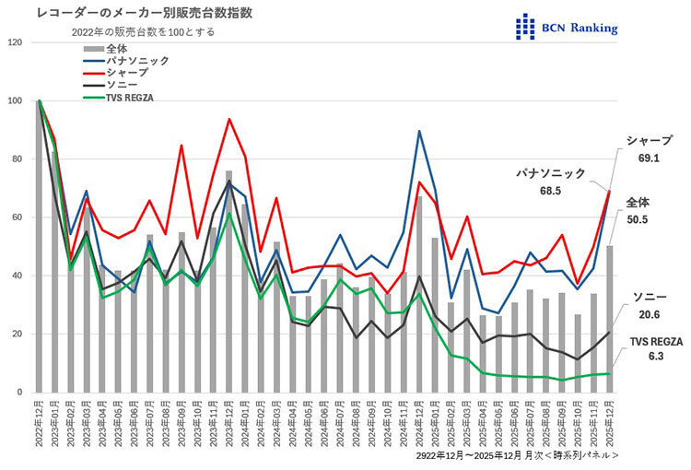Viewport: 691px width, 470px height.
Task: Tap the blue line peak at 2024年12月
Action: pyautogui.click(x=420, y=132)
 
